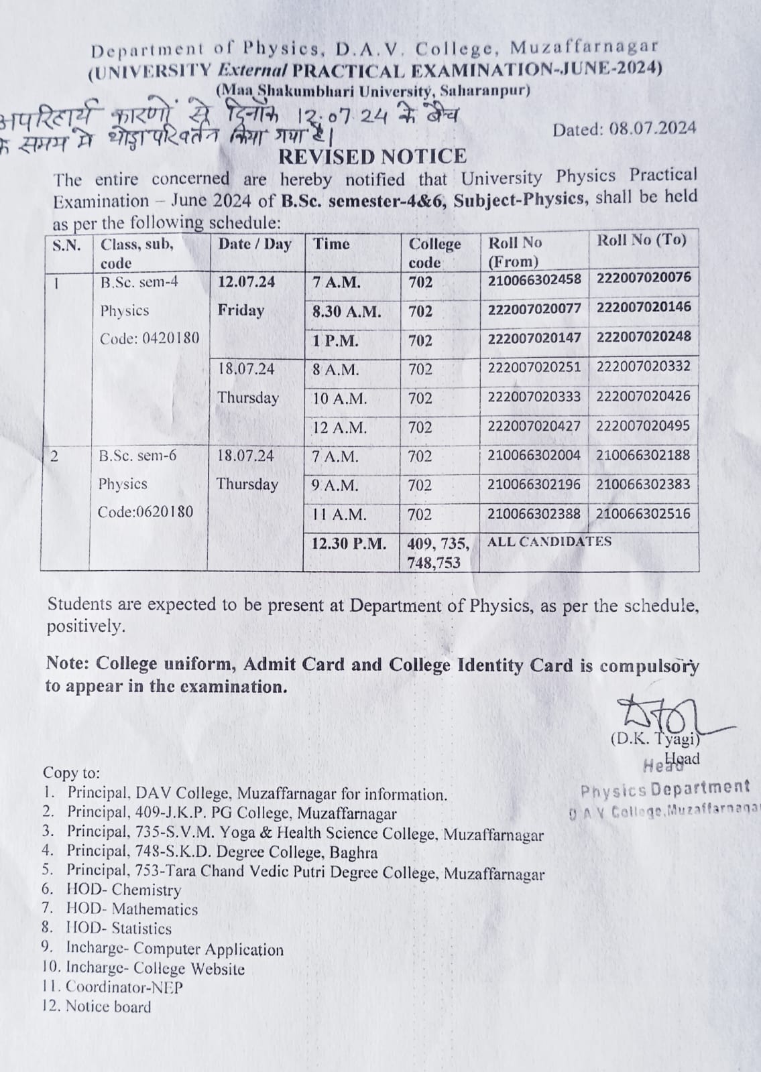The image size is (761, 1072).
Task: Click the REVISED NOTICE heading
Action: (372, 157)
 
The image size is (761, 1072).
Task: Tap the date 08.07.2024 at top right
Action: (624, 129)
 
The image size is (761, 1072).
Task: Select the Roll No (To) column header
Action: (642, 241)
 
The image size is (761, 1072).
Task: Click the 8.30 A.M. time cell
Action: (347, 312)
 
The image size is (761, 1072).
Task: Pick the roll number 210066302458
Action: (534, 279)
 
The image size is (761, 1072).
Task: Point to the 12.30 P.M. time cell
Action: (349, 543)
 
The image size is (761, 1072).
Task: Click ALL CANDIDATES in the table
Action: (549, 541)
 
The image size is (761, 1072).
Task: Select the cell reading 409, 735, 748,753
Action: (438, 553)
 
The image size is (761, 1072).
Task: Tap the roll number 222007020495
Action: (643, 425)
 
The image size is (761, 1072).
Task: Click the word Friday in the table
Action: (241, 311)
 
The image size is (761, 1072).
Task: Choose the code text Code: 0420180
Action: (150, 338)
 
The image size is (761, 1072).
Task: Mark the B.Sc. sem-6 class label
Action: (137, 456)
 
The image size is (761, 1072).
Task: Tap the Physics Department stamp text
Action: (665, 789)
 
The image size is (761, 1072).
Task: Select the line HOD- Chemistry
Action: (123, 890)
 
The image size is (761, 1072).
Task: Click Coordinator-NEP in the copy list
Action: (124, 987)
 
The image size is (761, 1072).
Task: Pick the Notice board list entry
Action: (108, 1006)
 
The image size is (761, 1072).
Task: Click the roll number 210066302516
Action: (643, 514)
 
